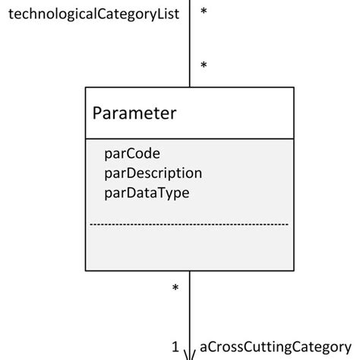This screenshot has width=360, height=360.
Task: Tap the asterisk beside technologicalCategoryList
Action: tap(204, 12)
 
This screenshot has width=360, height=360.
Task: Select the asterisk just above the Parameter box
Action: tap(204, 67)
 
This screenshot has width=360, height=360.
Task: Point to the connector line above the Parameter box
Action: tap(189, 46)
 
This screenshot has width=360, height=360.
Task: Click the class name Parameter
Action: tap(134, 114)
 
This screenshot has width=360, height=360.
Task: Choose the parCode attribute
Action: tap(132, 154)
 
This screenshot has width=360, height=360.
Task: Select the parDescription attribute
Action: tap(153, 173)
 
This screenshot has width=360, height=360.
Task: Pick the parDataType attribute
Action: tap(147, 193)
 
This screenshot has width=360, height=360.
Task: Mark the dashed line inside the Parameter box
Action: tap(189, 225)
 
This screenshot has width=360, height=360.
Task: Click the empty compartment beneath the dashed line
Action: tap(189, 248)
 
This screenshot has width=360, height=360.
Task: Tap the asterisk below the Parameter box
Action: tap(175, 289)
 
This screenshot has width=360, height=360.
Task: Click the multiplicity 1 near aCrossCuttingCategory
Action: tap(175, 348)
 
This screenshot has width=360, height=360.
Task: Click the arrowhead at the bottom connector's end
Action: tap(189, 353)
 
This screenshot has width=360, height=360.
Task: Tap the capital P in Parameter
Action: tap(98, 114)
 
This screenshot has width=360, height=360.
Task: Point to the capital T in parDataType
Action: tap(158, 193)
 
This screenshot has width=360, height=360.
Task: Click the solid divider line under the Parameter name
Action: tap(189, 139)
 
